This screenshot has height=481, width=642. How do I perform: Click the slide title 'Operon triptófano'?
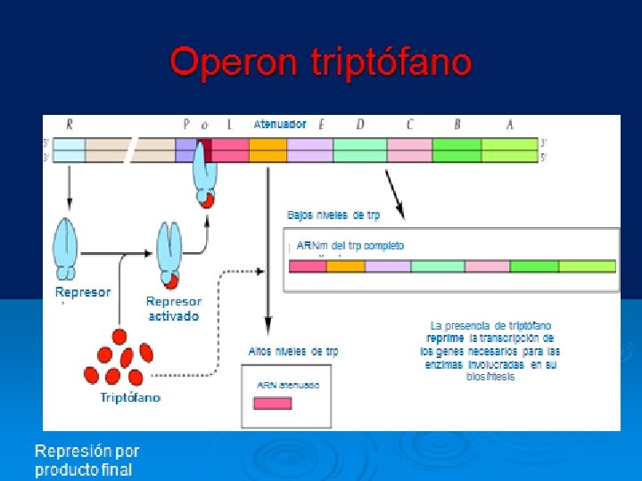(320, 63)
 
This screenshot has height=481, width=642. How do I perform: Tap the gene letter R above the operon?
(69, 125)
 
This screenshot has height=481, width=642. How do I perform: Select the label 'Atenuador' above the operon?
(280, 125)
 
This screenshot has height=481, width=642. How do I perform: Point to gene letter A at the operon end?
(509, 125)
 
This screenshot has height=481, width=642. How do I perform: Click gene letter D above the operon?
(360, 125)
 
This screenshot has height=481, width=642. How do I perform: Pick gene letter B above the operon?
(457, 125)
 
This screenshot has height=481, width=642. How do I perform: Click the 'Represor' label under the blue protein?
(83, 292)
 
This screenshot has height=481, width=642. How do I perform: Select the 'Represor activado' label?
(174, 309)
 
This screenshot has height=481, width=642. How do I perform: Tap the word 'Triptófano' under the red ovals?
(130, 397)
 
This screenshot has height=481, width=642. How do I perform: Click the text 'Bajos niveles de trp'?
(333, 215)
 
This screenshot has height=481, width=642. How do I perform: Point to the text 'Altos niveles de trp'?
(293, 352)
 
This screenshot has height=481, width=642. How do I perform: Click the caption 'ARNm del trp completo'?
(350, 245)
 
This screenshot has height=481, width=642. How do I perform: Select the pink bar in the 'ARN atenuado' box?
(273, 403)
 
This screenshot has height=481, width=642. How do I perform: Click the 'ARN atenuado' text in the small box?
(288, 385)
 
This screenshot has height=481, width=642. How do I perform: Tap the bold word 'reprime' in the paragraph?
(445, 338)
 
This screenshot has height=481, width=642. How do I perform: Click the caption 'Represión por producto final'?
(87, 461)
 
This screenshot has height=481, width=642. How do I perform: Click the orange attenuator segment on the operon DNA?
(267, 150)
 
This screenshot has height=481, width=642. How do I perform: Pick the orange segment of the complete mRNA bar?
(346, 265)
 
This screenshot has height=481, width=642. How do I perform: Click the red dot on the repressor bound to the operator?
(207, 200)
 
